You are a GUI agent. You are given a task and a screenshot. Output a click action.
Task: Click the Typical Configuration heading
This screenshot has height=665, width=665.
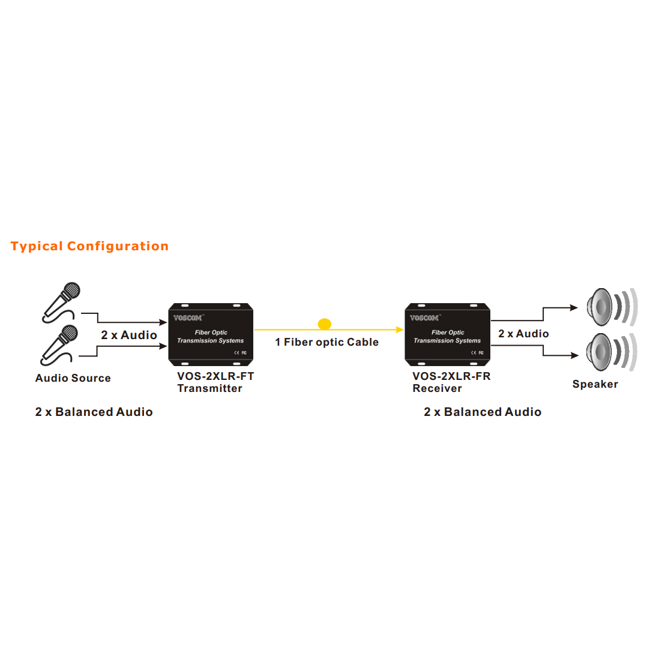click(89, 246)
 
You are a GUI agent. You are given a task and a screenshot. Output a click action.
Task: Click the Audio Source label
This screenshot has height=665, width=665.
click(73, 378)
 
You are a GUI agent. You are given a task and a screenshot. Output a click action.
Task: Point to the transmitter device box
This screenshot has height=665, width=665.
click(211, 334)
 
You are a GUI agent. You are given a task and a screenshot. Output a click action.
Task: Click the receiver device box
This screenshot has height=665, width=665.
click(448, 334)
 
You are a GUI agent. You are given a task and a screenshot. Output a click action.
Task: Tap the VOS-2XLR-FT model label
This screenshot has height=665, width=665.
click(215, 376)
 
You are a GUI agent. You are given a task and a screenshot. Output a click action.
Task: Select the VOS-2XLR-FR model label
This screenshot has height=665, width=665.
click(451, 376)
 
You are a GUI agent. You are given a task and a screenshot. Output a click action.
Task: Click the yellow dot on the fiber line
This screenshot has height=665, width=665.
click(325, 324)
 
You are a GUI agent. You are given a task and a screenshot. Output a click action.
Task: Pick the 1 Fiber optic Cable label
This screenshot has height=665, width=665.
click(327, 342)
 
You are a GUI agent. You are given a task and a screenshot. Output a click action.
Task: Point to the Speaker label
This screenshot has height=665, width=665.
click(595, 384)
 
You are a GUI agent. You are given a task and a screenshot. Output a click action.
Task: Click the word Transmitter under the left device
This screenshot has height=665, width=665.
click(209, 388)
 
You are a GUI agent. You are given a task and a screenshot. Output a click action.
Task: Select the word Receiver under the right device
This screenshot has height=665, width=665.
click(437, 388)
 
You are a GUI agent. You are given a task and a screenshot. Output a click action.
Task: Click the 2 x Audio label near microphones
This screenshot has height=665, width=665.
click(129, 335)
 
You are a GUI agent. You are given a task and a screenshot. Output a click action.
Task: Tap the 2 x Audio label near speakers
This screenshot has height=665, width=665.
click(523, 334)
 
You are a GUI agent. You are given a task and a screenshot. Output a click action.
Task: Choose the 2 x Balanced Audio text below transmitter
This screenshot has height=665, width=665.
click(94, 412)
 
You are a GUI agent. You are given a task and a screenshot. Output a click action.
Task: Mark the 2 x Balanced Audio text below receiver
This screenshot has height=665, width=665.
click(483, 412)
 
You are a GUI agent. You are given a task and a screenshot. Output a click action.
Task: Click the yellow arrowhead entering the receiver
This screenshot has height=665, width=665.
click(400, 329)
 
